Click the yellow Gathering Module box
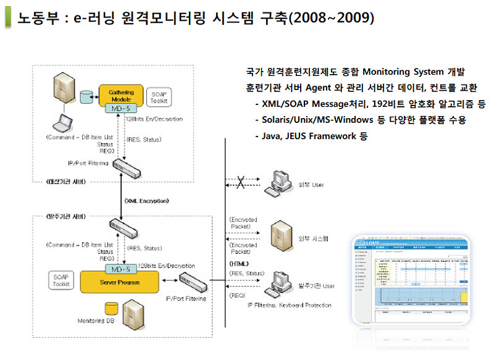click(x=121, y=94)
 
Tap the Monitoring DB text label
click(x=96, y=321)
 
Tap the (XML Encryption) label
click(x=146, y=201)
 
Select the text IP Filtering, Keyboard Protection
click(x=289, y=305)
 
